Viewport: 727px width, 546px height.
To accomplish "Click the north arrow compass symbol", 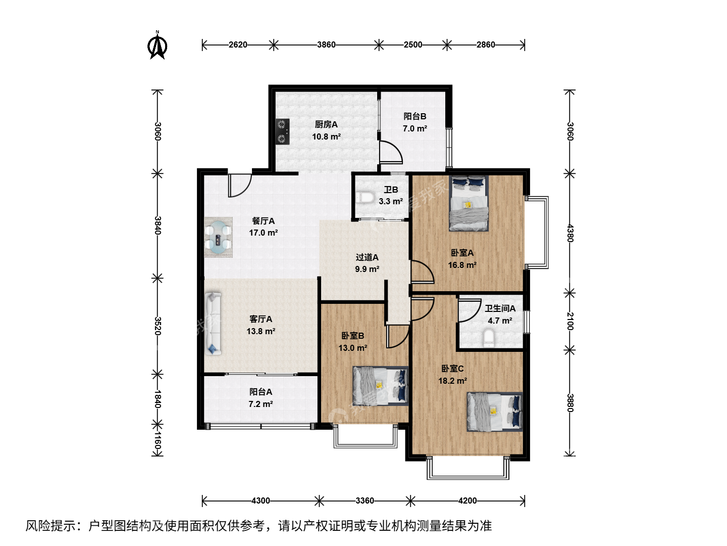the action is point(158,45).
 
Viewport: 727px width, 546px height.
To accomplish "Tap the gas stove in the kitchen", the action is point(282,131).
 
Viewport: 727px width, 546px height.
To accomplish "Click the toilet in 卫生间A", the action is point(489,338).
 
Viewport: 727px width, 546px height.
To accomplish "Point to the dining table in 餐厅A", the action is point(218,238).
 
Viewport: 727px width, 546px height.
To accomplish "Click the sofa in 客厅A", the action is point(213,323).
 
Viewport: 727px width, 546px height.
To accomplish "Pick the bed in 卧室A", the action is point(469,203).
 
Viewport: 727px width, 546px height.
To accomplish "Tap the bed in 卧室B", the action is point(380,386).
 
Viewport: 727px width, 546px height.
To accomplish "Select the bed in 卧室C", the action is point(494,412).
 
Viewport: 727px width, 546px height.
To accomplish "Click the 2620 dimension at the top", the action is point(238,44).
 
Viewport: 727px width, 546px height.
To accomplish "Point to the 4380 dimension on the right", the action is point(569,233).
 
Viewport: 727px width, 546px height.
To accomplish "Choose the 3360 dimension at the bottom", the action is point(365,500).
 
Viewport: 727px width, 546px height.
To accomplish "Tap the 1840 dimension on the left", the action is point(158,399).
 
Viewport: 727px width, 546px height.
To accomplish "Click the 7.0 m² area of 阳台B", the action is point(414,128).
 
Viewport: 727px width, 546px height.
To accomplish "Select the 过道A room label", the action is point(367,257).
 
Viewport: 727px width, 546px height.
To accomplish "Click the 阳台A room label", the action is point(261,392).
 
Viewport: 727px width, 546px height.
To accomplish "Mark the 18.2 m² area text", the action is point(452,381).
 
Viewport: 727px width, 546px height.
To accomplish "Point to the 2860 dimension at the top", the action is point(486,44).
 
